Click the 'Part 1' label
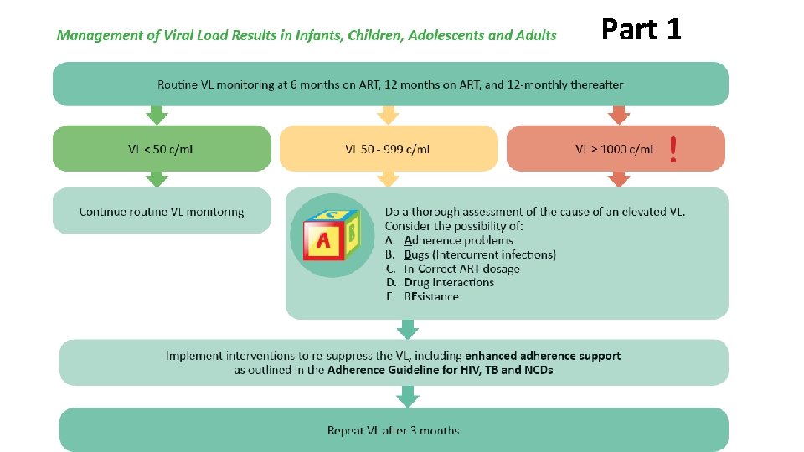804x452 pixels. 642,30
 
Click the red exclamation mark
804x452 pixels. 673,150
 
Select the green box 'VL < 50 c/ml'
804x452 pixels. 162,149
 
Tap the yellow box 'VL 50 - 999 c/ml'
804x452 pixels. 388,149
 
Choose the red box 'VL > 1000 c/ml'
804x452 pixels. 615,149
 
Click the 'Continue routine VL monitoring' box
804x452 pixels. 162,212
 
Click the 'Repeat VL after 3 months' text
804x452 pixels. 393,430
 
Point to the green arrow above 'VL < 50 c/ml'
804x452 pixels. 157,115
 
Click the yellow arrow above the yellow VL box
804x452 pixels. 387,115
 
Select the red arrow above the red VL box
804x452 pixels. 619,115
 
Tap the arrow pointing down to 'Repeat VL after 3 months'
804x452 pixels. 408,396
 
